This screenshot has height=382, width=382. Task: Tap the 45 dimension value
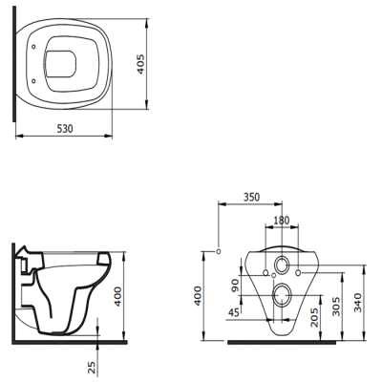[235, 310]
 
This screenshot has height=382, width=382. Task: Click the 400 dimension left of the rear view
[199, 293]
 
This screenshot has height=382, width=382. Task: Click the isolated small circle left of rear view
[220, 251]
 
